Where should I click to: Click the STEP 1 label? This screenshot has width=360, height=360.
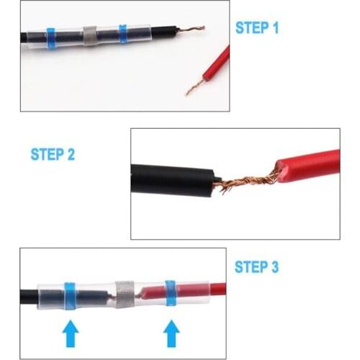coord(257,28)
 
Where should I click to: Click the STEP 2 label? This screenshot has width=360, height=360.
coord(53,154)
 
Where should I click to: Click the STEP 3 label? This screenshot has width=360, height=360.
coord(257,267)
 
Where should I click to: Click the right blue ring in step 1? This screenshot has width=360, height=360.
coord(122,34)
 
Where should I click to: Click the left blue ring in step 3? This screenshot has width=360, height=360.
coord(71,295)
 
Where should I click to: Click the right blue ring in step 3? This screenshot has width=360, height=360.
coord(171,292)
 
